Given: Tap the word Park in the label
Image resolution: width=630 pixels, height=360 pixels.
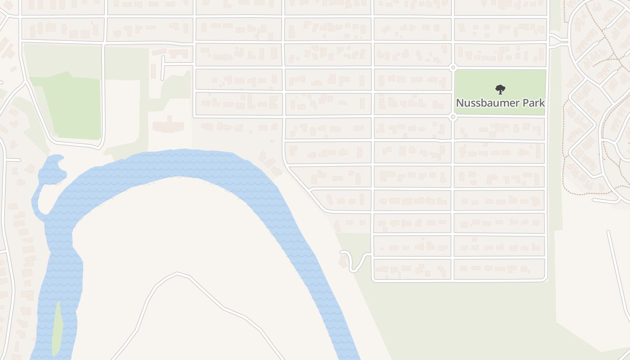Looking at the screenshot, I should [x=534, y=103].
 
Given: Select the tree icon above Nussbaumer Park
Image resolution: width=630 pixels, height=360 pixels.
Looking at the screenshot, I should [x=499, y=89].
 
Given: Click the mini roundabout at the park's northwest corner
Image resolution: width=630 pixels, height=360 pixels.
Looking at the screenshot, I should [x=453, y=67].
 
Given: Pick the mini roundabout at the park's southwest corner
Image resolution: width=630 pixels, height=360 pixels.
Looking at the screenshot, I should [x=453, y=117].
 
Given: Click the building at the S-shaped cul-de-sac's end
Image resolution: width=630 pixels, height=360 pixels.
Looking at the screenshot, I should [x=343, y=262].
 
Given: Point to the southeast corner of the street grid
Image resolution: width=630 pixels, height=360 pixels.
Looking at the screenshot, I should [x=546, y=280].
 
